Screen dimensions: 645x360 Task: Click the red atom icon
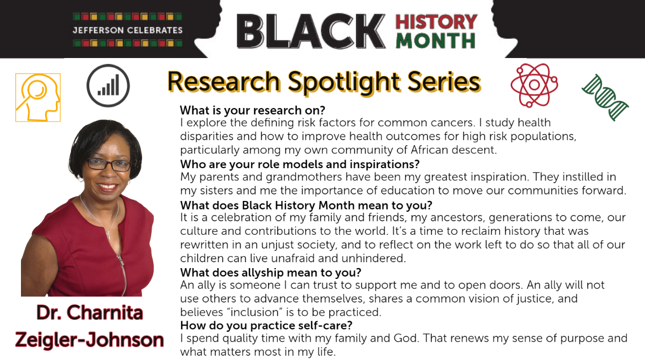click(x=534, y=85)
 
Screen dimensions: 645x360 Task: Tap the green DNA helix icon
click(x=605, y=97)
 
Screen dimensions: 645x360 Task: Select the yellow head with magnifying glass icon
click(x=38, y=98)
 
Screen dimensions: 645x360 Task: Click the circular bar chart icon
click(x=108, y=85)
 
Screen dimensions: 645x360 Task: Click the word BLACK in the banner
click(x=311, y=31)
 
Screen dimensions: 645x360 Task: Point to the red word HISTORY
click(x=436, y=21)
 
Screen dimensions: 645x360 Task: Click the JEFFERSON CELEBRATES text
click(x=127, y=30)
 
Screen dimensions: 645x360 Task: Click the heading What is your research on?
click(x=253, y=110)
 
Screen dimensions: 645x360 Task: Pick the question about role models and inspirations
click(x=300, y=164)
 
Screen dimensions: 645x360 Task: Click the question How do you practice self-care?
click(x=267, y=326)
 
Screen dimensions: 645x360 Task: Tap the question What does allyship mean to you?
click(x=271, y=272)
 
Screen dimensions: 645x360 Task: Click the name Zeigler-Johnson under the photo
click(x=90, y=340)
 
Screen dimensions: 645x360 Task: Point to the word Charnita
click(x=104, y=313)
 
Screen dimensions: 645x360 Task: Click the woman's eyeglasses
click(x=109, y=164)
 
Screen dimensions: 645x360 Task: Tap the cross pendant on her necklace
click(x=109, y=234)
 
